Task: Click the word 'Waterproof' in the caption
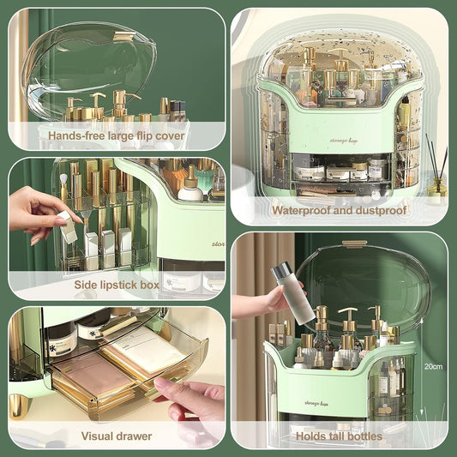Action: tap(302, 210)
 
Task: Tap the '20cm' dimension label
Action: tap(432, 366)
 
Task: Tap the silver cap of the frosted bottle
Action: tap(281, 274)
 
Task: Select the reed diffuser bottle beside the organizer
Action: tap(437, 185)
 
